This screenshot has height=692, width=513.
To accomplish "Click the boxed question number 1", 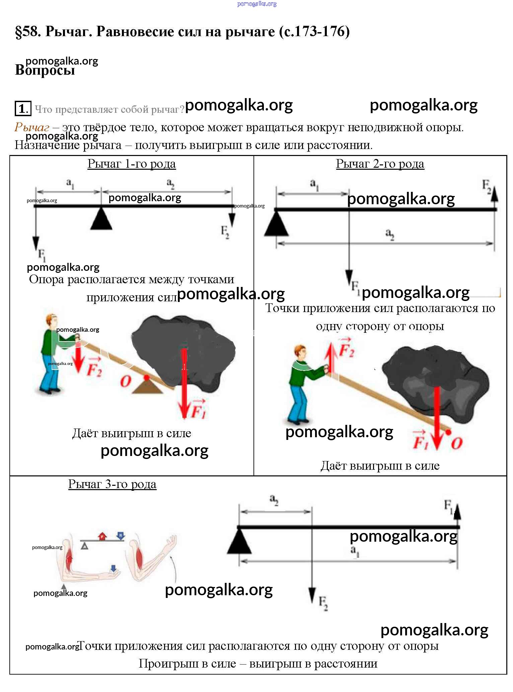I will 23,108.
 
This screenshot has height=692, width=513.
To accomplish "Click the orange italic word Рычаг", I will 32,127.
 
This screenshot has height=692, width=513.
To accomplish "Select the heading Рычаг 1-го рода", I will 132,164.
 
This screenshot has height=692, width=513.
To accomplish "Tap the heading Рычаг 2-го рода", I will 380,164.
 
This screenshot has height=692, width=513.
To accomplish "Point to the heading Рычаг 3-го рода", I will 112,484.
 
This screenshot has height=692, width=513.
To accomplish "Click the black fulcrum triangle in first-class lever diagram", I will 101,219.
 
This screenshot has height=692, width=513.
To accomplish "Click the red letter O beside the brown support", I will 126,381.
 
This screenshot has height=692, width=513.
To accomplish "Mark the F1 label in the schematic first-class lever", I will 42,255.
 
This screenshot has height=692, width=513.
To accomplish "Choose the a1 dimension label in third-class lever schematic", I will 355,551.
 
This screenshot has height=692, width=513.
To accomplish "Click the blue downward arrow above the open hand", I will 114,568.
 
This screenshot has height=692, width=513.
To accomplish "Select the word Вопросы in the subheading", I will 45,70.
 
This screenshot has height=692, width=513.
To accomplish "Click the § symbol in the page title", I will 19,32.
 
